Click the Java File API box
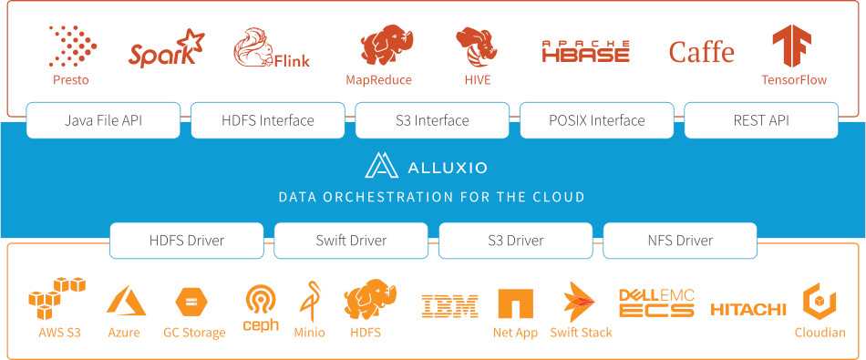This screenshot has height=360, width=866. [103, 120]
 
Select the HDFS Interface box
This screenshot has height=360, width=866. [267, 120]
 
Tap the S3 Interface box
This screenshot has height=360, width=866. [432, 120]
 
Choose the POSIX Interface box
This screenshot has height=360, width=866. [596, 120]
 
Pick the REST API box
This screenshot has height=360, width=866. [760, 120]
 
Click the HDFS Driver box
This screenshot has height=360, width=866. [187, 241]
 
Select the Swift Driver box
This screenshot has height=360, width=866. [351, 241]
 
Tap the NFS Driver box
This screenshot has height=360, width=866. [680, 241]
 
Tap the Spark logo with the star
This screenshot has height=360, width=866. [166, 50]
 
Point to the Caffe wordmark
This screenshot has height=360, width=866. [701, 52]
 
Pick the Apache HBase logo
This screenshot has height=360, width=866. [585, 51]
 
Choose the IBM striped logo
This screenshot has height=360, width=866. [449, 306]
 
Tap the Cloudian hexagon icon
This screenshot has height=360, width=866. [820, 301]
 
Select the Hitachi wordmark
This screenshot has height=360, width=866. [747, 310]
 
